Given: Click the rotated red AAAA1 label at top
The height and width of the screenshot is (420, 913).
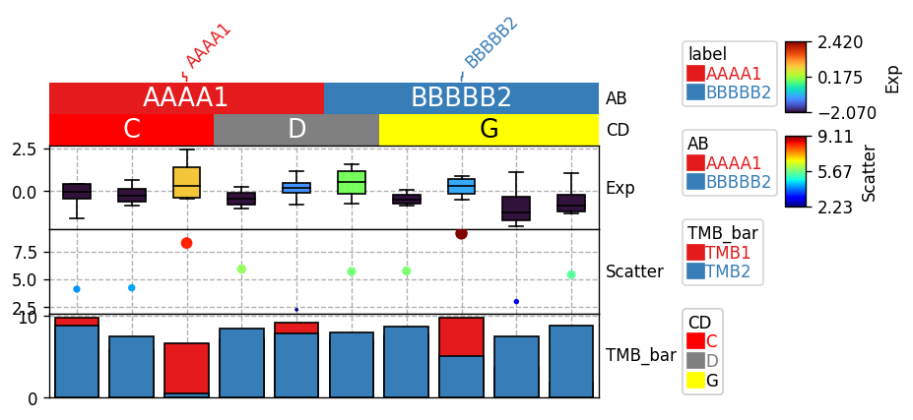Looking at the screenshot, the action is (208, 46).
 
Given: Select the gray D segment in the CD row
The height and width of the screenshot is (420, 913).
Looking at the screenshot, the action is (296, 129).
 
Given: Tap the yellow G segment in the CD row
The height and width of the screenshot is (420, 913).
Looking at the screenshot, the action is (489, 129).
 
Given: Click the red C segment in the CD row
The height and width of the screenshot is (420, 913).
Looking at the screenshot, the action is (132, 129).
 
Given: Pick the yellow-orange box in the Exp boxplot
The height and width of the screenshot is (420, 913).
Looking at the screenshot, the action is (186, 182).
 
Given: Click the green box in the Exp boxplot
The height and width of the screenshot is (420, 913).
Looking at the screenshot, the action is (351, 182).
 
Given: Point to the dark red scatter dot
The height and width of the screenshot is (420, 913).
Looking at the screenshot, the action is (461, 233).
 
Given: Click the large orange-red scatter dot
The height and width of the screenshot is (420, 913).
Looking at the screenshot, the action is (186, 243).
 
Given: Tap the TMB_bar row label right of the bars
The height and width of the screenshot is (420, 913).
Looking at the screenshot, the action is (640, 355).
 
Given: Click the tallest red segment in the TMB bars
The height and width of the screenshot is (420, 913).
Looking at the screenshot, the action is (186, 368).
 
